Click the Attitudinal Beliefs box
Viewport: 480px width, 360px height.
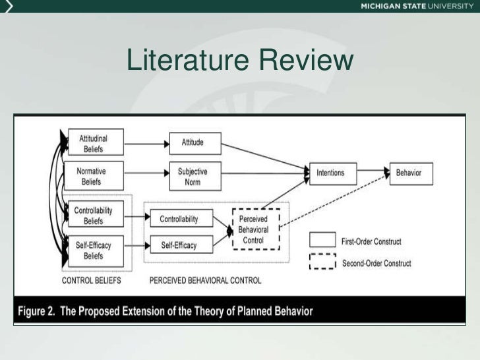(94, 142)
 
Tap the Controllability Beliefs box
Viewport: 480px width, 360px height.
(94, 214)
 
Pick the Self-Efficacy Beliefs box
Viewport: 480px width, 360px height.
(94, 250)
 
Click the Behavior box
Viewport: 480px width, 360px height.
(413, 173)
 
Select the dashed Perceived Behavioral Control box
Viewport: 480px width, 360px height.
(256, 227)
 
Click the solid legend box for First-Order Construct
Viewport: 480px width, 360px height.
(323, 241)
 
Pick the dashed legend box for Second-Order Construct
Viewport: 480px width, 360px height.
(323, 262)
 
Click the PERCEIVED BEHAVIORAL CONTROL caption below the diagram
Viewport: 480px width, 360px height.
(205, 280)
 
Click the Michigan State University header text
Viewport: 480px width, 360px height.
(417, 7)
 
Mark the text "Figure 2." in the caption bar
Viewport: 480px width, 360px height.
(37, 311)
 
